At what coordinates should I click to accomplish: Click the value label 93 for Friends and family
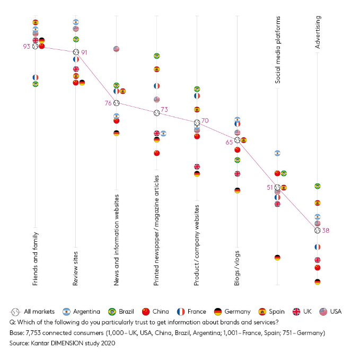tap(26, 46)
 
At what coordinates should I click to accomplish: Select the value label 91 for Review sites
tap(84, 52)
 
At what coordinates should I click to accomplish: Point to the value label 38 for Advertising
tap(326, 231)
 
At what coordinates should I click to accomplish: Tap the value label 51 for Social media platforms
tap(269, 187)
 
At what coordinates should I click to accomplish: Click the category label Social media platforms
tap(277, 50)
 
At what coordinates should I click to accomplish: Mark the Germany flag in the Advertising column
tap(317, 281)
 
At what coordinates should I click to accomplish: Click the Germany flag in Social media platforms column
tap(277, 258)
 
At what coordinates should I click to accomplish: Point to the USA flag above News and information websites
tap(117, 49)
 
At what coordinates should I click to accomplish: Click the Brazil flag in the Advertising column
tap(317, 186)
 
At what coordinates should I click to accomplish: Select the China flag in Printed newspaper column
tap(156, 153)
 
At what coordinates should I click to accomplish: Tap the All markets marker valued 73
tap(156, 113)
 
